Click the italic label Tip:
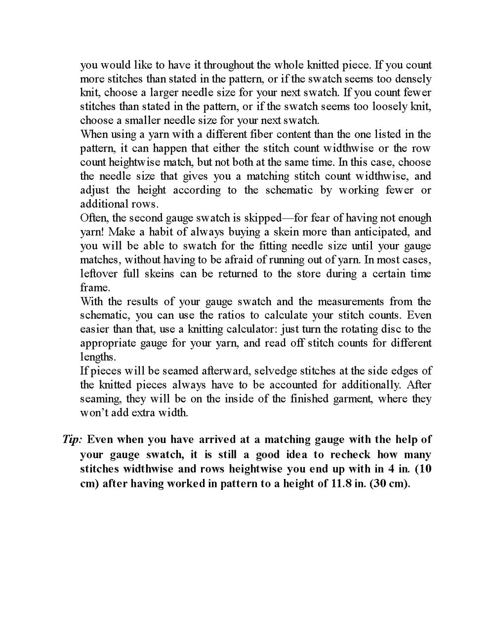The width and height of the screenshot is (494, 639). tap(72, 439)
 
